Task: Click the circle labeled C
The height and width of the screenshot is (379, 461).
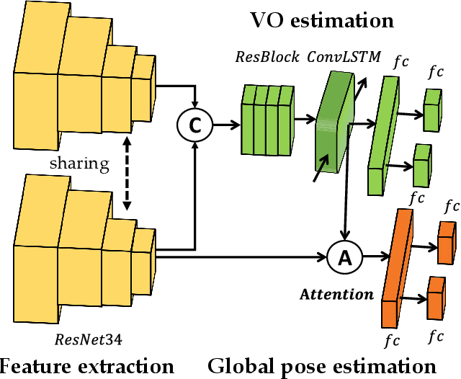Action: [193, 125]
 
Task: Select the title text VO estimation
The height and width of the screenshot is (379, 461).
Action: [321, 19]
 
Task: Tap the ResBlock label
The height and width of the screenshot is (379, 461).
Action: [267, 57]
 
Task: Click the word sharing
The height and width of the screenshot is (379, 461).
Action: [79, 163]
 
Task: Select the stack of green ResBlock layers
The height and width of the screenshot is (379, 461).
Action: [267, 120]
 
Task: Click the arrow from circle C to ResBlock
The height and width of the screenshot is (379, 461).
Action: [226, 125]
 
